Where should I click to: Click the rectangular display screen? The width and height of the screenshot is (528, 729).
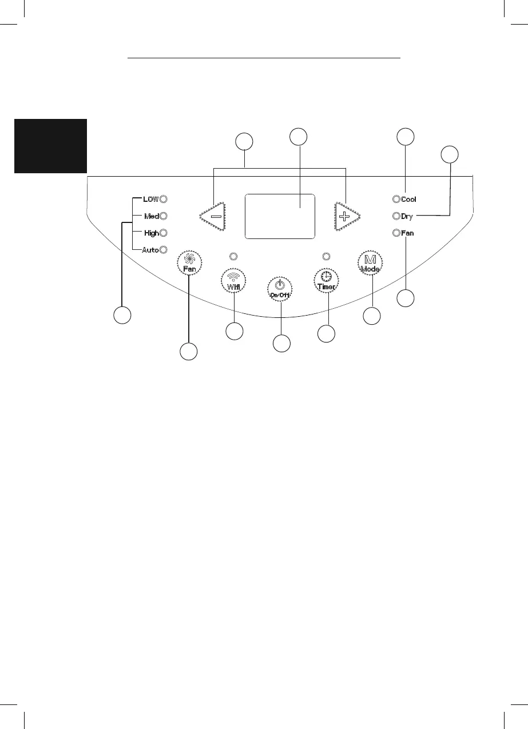tap(280, 216)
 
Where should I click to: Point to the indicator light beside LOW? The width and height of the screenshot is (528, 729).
tap(163, 199)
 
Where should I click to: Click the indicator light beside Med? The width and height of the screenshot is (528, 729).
tap(163, 216)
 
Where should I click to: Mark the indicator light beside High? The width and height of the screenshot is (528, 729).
tap(163, 233)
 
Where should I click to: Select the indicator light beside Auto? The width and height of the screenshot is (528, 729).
tap(163, 249)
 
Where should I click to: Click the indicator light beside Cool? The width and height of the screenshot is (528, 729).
tap(395, 199)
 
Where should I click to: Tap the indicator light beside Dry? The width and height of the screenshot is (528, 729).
tap(395, 216)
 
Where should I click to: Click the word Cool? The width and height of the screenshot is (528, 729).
tap(408, 200)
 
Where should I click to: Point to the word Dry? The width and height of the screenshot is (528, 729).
tap(407, 217)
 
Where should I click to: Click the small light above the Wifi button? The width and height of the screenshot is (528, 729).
tap(233, 256)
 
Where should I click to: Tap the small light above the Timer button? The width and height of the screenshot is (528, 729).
tap(327, 256)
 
